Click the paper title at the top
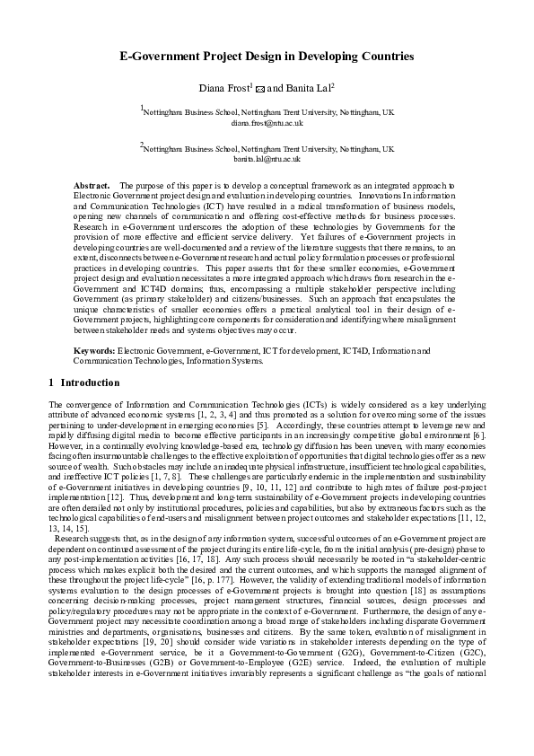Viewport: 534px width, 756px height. (x=267, y=57)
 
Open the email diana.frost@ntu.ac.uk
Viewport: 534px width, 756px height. (x=267, y=122)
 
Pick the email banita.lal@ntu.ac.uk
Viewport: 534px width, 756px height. (x=267, y=157)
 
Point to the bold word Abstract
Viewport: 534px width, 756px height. (x=91, y=184)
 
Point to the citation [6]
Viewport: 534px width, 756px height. (x=480, y=435)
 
